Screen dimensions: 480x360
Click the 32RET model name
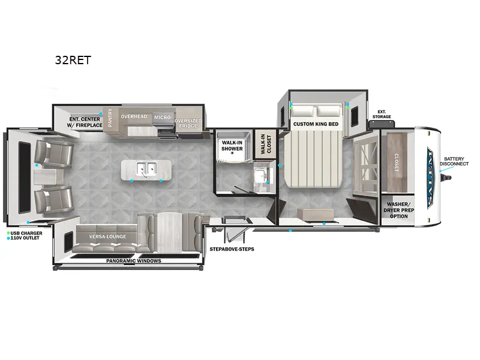tap(73, 60)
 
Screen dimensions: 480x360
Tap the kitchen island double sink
tap(146, 169)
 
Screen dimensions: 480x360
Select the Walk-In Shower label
tap(232, 146)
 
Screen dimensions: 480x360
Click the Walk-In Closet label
tap(266, 144)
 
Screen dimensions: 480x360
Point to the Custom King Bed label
tap(316, 124)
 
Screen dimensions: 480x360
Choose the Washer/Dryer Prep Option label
tap(398, 210)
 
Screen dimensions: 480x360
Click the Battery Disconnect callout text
tap(454, 161)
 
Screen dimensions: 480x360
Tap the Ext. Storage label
tap(382, 114)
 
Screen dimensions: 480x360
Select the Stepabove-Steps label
tap(232, 249)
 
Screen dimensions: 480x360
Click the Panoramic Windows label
tap(133, 261)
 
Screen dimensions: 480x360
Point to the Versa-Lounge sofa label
tap(107, 236)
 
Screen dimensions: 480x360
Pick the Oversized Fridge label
tap(188, 123)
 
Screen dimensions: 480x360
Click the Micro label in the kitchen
tap(162, 117)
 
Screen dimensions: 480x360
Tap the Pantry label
tap(110, 118)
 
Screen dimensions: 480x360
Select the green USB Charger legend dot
tap(8, 233)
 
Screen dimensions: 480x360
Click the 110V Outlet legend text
tap(25, 238)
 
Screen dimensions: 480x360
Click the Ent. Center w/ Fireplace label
tap(85, 122)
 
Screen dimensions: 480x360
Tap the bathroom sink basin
tap(260, 175)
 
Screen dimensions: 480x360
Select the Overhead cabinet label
tap(134, 116)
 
